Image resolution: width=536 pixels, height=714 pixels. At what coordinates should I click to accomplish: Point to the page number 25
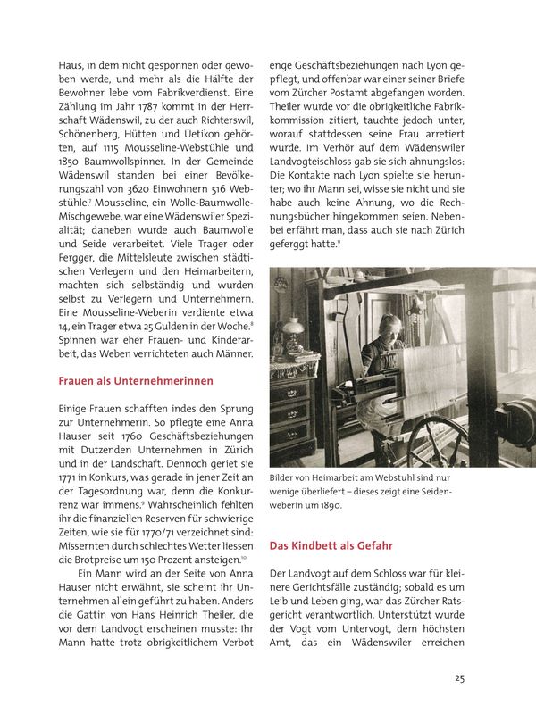click(x=459, y=678)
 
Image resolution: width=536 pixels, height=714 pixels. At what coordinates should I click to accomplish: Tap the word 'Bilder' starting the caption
click(x=284, y=477)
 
